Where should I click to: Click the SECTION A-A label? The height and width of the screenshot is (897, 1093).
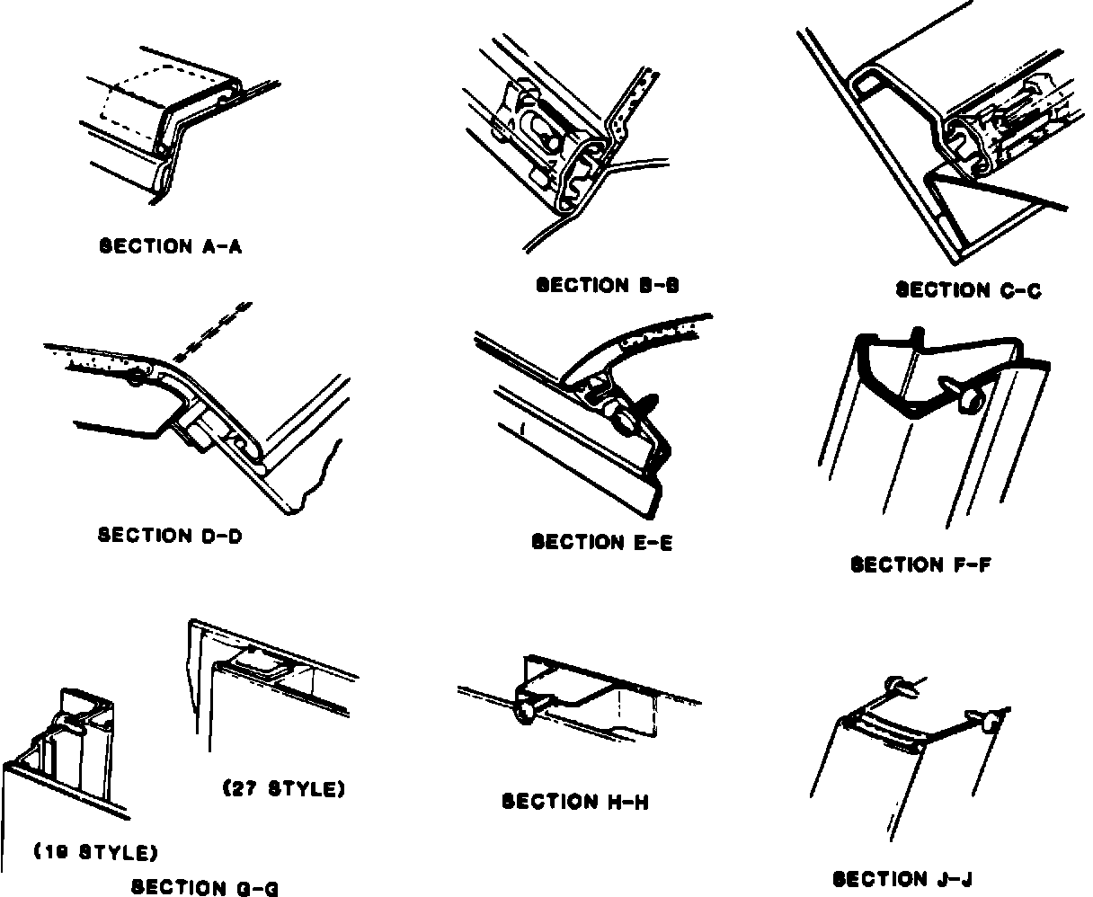pyautogui.click(x=170, y=246)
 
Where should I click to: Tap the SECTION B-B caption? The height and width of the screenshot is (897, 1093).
pyautogui.click(x=608, y=286)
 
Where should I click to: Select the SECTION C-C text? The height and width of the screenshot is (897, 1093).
pyautogui.click(x=968, y=289)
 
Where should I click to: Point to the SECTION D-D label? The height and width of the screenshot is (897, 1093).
pyautogui.click(x=170, y=536)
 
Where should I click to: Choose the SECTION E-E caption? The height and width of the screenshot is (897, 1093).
pyautogui.click(x=602, y=542)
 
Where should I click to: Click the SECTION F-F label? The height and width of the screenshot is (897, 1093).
pyautogui.click(x=920, y=564)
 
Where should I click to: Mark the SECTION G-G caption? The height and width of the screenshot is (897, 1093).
pyautogui.click(x=205, y=888)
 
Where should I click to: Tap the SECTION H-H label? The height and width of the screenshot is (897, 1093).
pyautogui.click(x=575, y=801)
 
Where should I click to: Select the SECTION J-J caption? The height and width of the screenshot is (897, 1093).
pyautogui.click(x=902, y=879)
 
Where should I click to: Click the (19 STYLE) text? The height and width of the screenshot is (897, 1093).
pyautogui.click(x=96, y=851)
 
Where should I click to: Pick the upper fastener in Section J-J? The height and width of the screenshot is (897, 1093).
pyautogui.click(x=902, y=688)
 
